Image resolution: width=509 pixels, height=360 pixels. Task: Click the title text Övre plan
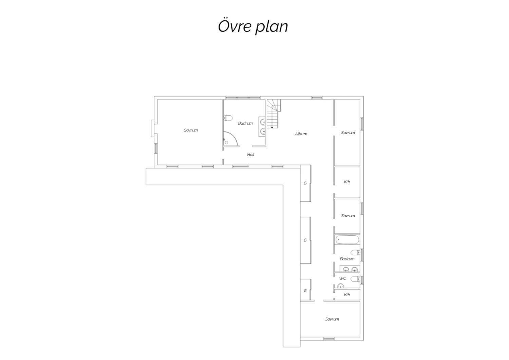[x=253, y=27]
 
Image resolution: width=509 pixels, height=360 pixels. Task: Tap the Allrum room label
[x=301, y=134]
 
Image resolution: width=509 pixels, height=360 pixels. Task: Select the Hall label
[x=251, y=155]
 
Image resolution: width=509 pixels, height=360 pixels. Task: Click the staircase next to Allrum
[x=274, y=114]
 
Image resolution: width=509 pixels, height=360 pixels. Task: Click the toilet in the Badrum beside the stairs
[x=228, y=118]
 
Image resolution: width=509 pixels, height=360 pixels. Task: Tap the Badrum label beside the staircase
[x=245, y=123]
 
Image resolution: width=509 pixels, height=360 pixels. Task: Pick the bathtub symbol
[x=347, y=240]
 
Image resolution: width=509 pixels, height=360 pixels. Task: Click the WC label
[x=343, y=278]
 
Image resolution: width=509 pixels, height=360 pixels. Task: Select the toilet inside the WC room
[x=355, y=279]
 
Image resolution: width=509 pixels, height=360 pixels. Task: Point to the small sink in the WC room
[x=340, y=286]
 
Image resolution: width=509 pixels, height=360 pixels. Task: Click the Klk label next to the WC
[x=347, y=295]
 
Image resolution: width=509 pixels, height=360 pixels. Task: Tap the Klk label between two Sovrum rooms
[x=347, y=182]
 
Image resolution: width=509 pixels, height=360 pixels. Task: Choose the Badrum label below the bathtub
[x=347, y=259]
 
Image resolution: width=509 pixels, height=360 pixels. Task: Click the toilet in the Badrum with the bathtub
[x=355, y=252]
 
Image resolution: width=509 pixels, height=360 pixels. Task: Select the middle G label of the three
[x=305, y=240]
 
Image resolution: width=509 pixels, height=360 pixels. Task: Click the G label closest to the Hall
[x=305, y=183]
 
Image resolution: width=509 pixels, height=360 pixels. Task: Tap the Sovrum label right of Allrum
[x=348, y=132]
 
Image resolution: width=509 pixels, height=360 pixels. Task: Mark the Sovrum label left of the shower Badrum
[x=191, y=130]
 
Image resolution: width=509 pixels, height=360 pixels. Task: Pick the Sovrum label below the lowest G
[x=332, y=319]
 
